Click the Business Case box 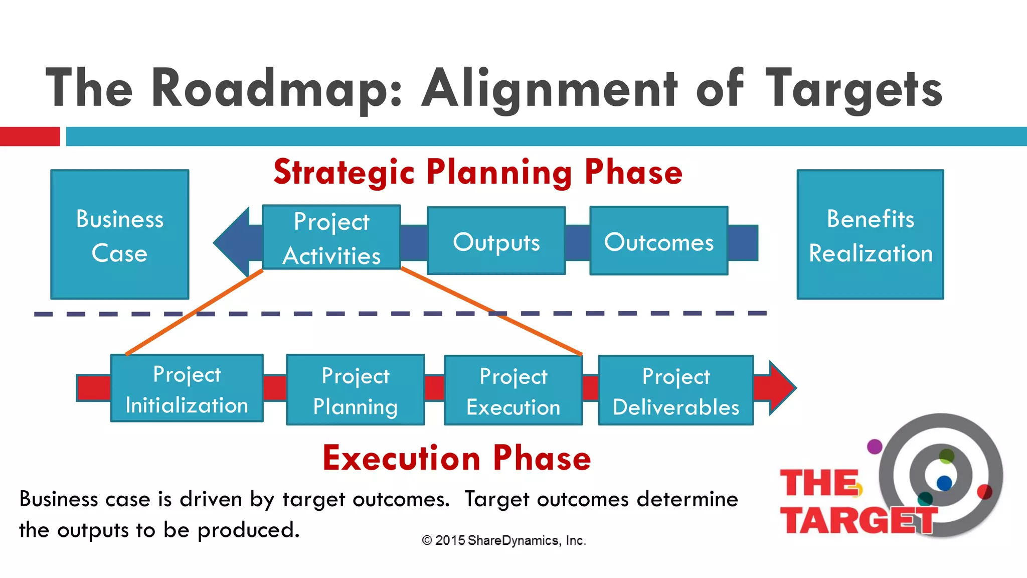pyautogui.click(x=119, y=234)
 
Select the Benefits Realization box pyautogui.click(x=870, y=234)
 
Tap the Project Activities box pyautogui.click(x=331, y=237)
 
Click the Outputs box pyautogui.click(x=496, y=241)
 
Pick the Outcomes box pyautogui.click(x=658, y=241)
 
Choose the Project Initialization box pyautogui.click(x=187, y=388)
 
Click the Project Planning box pyautogui.click(x=355, y=390)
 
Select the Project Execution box pyautogui.click(x=513, y=390)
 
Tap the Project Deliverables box pyautogui.click(x=675, y=390)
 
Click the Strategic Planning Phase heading pyautogui.click(x=477, y=172)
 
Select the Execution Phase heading pyautogui.click(x=456, y=458)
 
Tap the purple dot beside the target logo pyautogui.click(x=875, y=446)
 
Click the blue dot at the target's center pyautogui.click(x=944, y=483)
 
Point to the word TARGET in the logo pyautogui.click(x=859, y=520)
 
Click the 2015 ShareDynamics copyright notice pyautogui.click(x=504, y=540)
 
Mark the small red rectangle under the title pyautogui.click(x=30, y=136)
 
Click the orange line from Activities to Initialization pyautogui.click(x=195, y=312)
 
